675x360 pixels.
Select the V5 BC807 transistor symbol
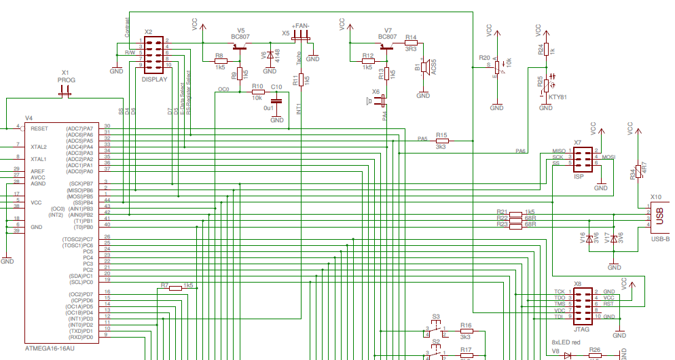[238, 48]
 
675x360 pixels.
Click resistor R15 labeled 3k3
[441, 141]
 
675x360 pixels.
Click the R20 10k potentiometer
[496, 66]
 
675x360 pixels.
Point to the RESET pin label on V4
[39, 128]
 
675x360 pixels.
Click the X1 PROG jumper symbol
[65, 93]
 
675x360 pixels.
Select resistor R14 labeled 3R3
[411, 43]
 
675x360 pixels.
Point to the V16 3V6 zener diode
[590, 238]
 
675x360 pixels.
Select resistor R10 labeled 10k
[258, 92]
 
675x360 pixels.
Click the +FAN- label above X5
[300, 25]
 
